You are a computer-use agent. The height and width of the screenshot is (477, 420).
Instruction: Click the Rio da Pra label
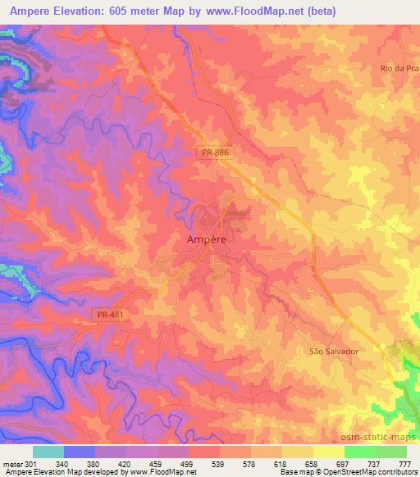click(x=399, y=68)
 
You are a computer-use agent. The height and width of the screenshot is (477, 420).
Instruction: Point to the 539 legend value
click(x=220, y=463)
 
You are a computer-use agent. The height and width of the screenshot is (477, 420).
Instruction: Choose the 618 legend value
click(x=282, y=463)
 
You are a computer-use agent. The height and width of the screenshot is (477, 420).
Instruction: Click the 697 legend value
click(x=345, y=463)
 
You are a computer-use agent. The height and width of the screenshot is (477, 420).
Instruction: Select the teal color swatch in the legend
click(x=48, y=452)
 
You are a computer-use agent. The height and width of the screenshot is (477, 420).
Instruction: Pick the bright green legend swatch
click(x=360, y=452)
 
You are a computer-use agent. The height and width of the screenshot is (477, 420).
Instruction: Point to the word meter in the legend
click(x=12, y=463)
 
